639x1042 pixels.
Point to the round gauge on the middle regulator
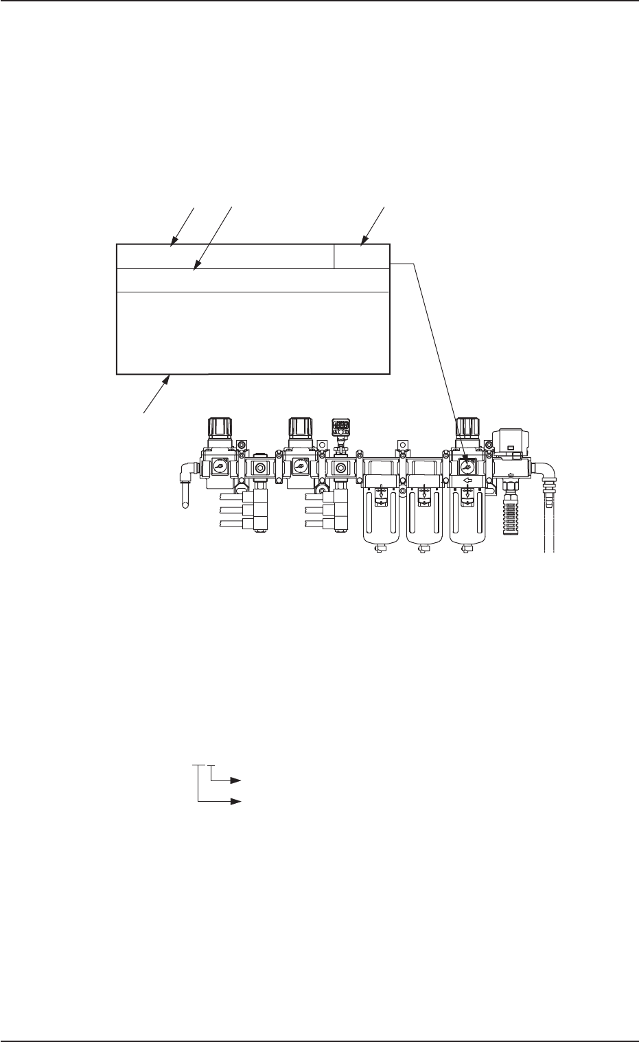click(x=299, y=465)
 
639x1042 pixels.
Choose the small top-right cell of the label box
click(x=361, y=257)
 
